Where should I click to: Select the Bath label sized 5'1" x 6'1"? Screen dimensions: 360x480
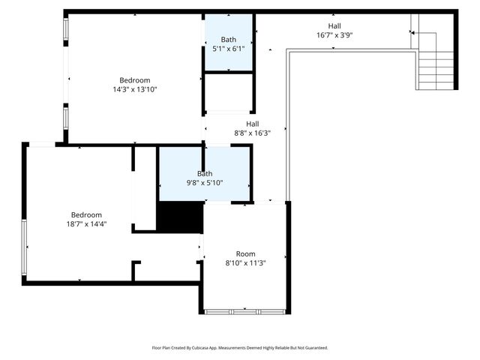(x=229, y=40)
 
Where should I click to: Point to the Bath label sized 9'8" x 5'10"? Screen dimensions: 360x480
(x=205, y=173)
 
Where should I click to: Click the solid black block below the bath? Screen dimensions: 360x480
(x=180, y=218)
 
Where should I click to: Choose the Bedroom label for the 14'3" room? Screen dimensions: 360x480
(x=135, y=80)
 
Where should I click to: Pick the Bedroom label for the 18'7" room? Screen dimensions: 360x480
(x=86, y=214)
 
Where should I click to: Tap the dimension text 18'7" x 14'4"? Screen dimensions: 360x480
(x=86, y=223)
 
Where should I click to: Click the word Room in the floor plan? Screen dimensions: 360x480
(x=245, y=253)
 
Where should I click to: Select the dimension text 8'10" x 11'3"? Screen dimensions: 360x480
(x=245, y=262)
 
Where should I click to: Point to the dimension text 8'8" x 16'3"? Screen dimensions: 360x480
(x=253, y=133)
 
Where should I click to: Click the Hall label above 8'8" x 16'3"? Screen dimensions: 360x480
(x=253, y=124)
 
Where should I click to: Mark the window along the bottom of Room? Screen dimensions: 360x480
(x=244, y=310)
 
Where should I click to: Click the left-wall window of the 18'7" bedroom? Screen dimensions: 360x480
(x=24, y=247)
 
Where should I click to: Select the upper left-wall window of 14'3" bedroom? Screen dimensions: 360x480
(x=66, y=29)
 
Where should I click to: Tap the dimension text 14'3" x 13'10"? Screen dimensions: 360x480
(x=135, y=89)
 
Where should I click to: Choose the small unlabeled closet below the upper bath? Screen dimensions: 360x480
(x=229, y=91)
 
